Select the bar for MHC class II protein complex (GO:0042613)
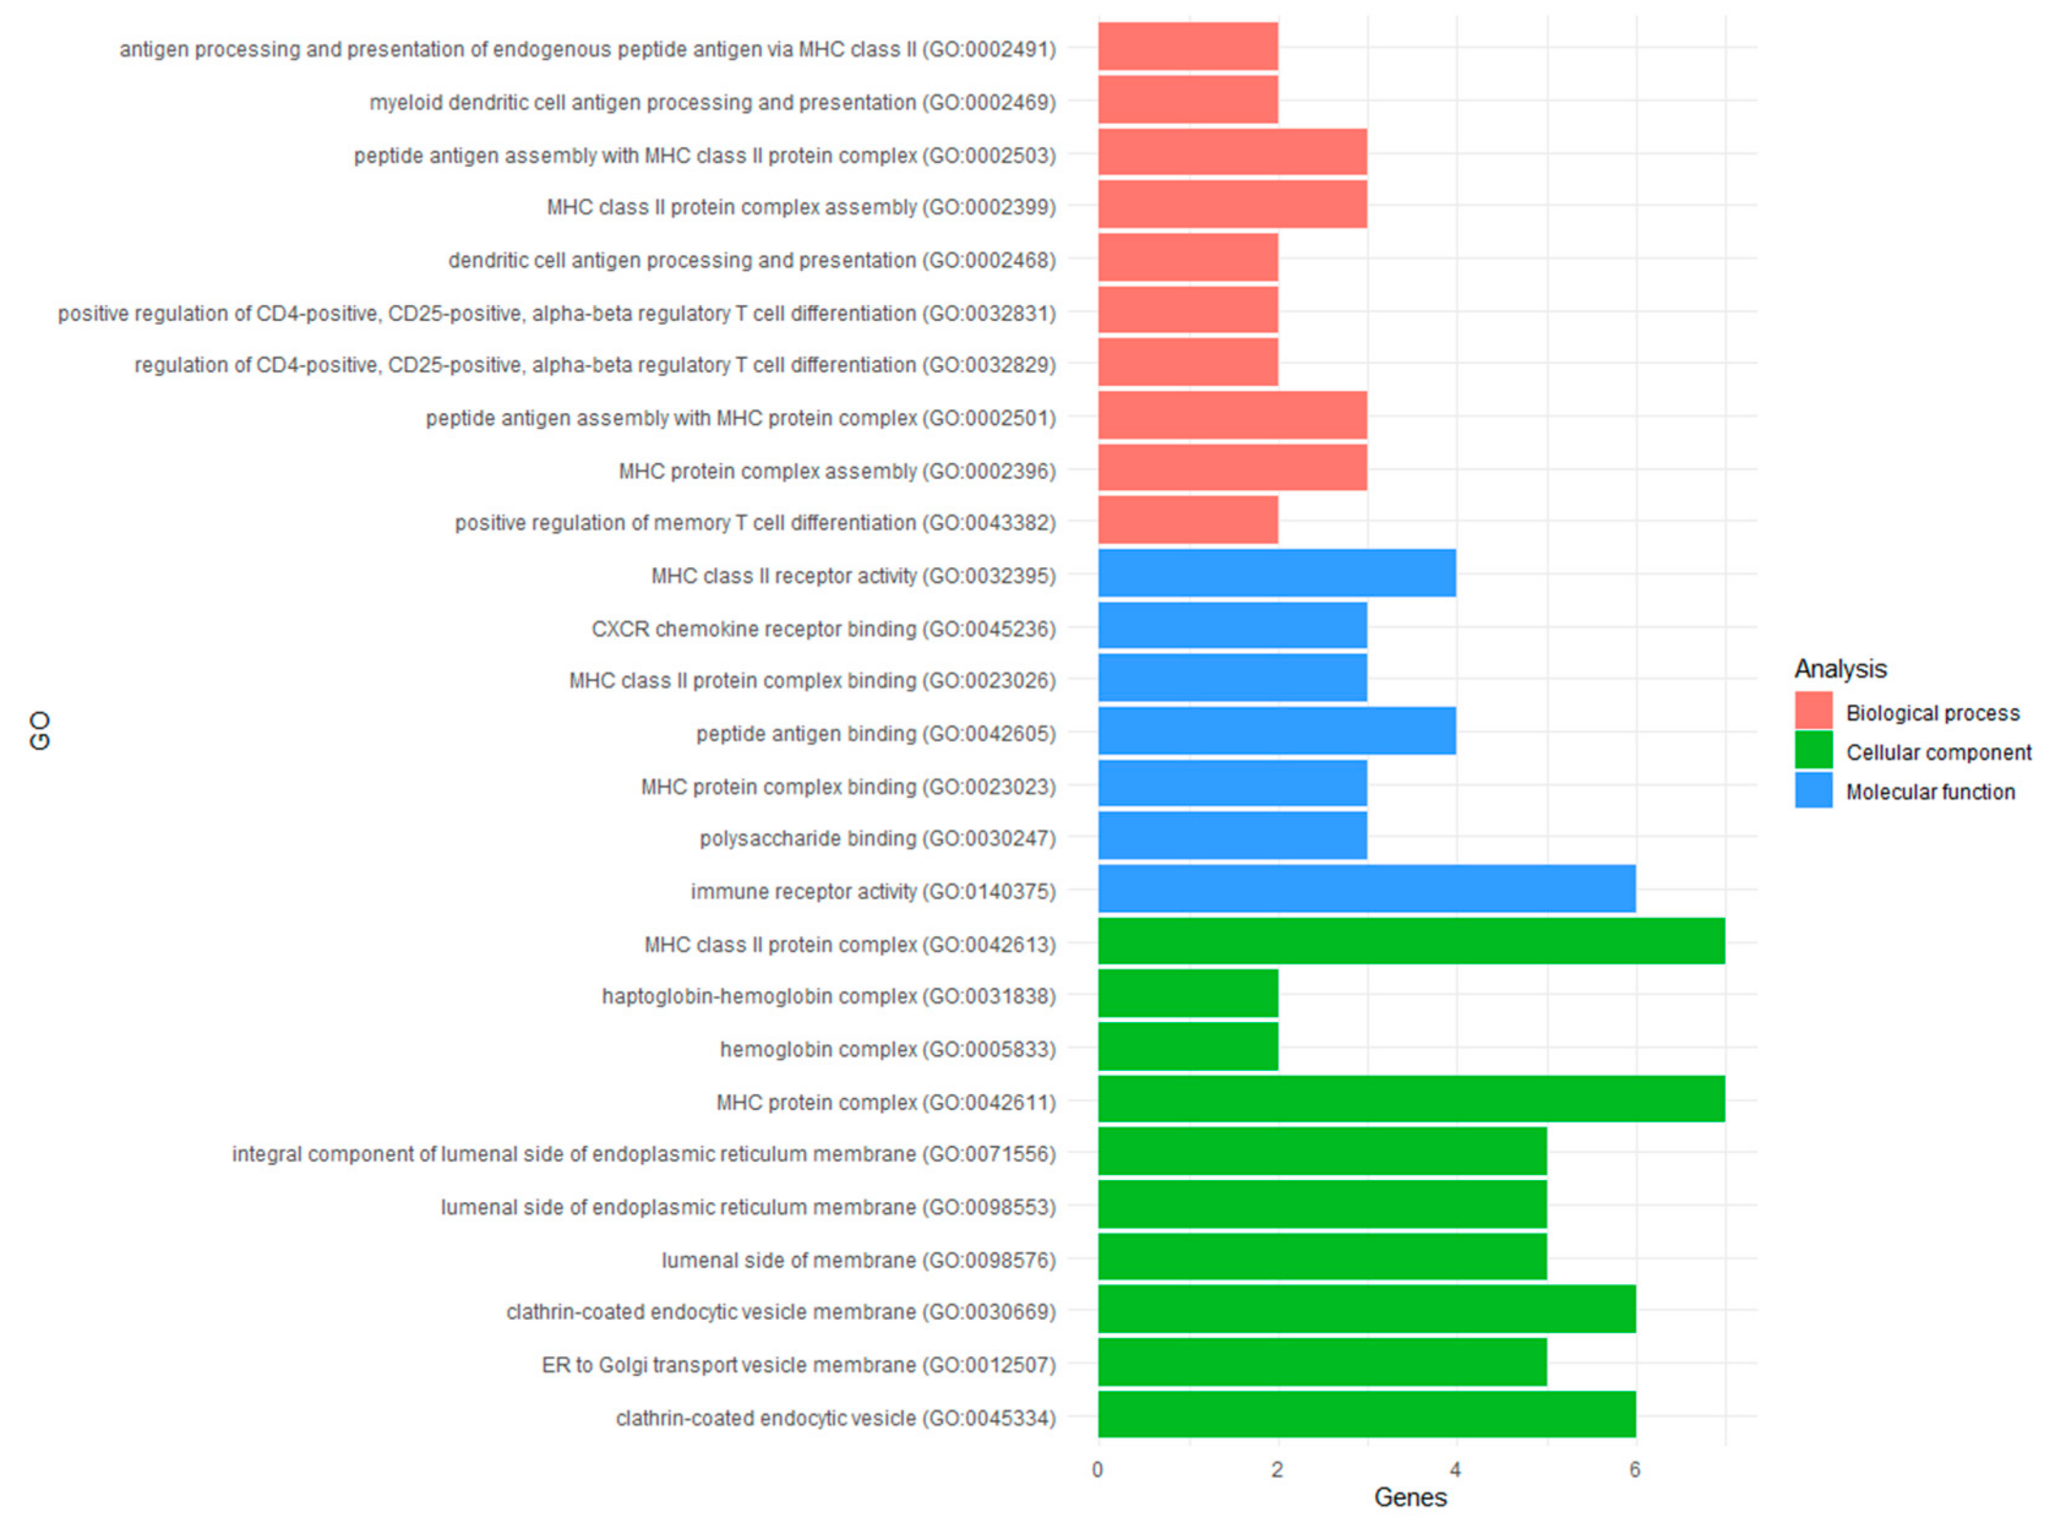1410,942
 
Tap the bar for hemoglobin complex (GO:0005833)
1187,1047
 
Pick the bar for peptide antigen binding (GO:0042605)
1276,731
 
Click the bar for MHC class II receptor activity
1276,574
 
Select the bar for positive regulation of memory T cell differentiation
1187,521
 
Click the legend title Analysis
1839,668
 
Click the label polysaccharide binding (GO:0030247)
876,838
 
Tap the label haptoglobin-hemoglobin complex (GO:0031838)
828,995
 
